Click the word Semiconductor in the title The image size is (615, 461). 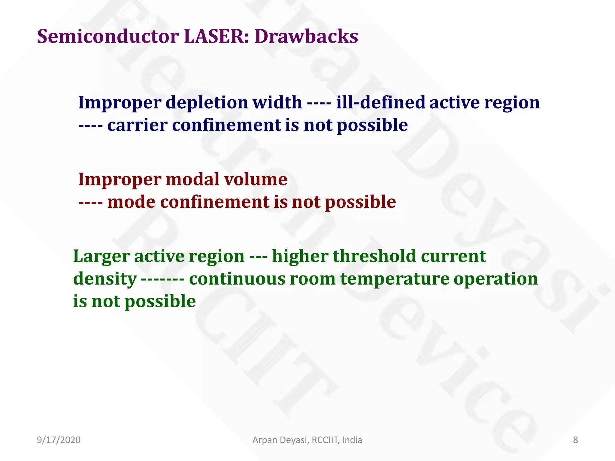[108, 37]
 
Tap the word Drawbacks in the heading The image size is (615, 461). [306, 37]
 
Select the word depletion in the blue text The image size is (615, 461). [207, 103]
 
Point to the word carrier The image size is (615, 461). [137, 125]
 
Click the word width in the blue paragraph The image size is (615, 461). [277, 102]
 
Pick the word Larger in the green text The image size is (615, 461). [101, 257]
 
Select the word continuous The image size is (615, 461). [237, 279]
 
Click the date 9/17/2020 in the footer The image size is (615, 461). [59, 440]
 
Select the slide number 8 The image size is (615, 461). [575, 440]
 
